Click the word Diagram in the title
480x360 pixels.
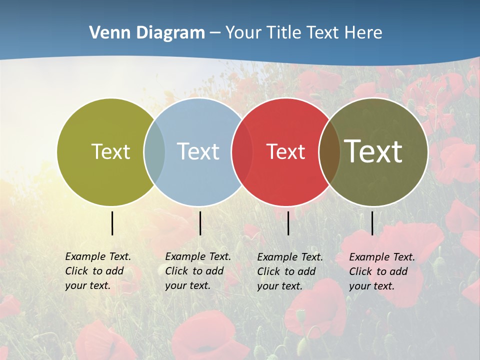(170, 33)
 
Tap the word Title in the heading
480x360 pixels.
(283, 33)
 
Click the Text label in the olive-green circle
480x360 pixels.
(110, 151)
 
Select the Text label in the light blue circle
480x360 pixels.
(198, 151)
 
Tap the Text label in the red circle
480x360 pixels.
(285, 151)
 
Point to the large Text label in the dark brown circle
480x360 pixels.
(373, 151)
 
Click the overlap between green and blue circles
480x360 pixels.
(154, 151)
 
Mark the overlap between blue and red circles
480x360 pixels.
(242, 151)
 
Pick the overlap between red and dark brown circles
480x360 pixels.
(329, 151)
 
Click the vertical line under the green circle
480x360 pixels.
(112, 223)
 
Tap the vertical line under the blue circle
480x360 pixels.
(200, 223)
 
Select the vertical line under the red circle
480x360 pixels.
(288, 223)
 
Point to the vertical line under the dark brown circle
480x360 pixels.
(372, 223)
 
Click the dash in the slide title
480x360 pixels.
(215, 33)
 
